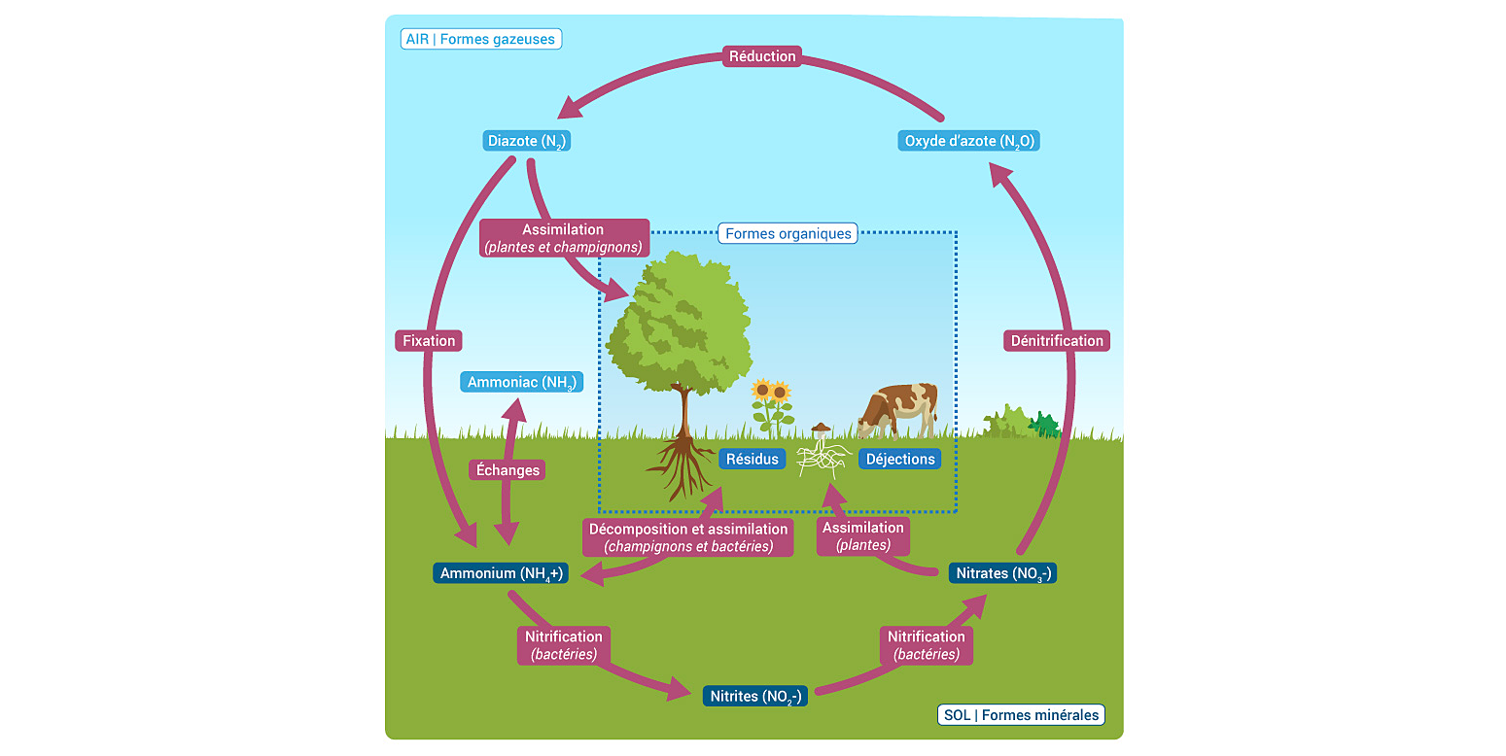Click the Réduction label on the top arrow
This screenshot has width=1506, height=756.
[762, 56]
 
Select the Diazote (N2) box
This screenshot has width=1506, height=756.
[526, 141]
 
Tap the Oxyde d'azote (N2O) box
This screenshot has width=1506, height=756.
[969, 141]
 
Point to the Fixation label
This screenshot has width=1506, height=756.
[429, 341]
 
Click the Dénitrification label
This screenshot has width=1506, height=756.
[1057, 341]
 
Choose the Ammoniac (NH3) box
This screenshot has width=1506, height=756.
[522, 382]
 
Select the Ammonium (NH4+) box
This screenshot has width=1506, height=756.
[501, 573]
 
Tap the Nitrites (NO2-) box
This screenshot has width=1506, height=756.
[754, 697]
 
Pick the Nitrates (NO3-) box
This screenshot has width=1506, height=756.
[1002, 573]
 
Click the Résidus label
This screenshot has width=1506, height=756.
[753, 459]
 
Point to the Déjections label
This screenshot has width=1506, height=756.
[900, 459]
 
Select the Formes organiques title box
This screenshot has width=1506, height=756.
[788, 233]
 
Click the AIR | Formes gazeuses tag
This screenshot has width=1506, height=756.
[481, 40]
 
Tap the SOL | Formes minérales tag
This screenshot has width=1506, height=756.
[1021, 715]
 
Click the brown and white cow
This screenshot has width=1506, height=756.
[899, 408]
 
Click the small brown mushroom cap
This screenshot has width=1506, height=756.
[822, 428]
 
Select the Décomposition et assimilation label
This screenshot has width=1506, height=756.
[688, 537]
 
